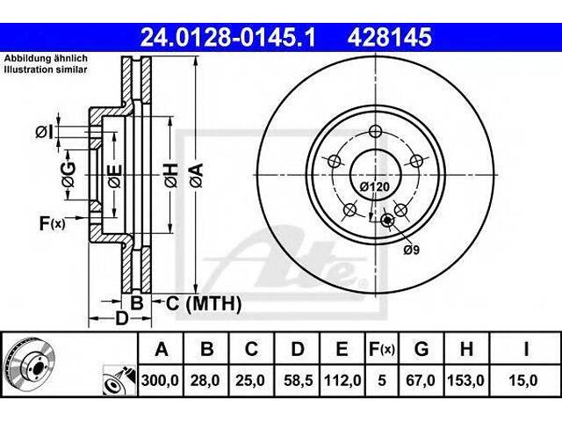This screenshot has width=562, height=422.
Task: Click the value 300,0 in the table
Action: (x=161, y=380)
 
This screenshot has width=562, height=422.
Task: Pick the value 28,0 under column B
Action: (x=206, y=380)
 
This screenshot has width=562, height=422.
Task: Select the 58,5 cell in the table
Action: (x=298, y=380)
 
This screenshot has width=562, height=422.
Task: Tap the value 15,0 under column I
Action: (x=526, y=380)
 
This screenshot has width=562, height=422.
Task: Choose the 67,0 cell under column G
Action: (x=422, y=380)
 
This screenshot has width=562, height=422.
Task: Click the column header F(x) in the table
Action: (x=381, y=350)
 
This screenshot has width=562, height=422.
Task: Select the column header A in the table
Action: (x=161, y=350)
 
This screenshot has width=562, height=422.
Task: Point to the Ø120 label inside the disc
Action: (x=374, y=187)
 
